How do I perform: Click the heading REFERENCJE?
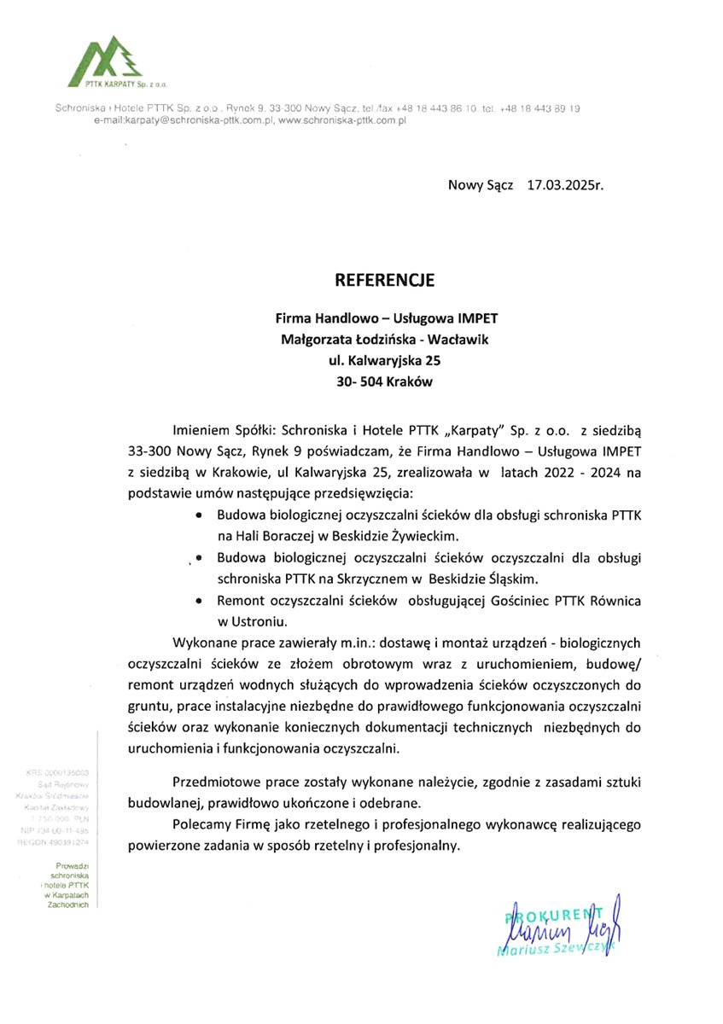385,280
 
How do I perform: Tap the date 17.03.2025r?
565,184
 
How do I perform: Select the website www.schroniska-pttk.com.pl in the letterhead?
341,121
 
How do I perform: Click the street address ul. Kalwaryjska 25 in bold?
384,361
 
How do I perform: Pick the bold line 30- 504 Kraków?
385,382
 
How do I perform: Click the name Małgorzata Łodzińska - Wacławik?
385,340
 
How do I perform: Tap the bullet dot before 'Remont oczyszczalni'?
199,602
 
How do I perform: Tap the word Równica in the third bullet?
611,602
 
